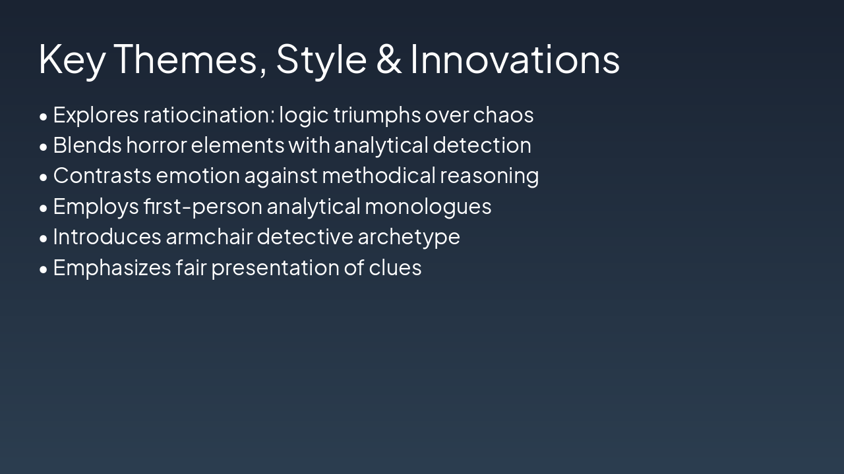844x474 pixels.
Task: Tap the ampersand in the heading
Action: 389,59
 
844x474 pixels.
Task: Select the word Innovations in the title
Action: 515,59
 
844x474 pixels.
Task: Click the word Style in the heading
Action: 321,59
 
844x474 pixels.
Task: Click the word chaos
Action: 503,115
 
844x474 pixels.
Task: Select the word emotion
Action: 198,176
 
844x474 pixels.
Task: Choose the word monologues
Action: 428,207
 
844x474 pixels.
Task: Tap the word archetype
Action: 408,237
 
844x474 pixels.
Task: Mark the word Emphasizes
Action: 112,268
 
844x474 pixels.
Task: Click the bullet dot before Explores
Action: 44,117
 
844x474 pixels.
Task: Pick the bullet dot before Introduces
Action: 44,238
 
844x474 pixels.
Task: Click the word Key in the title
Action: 73,59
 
